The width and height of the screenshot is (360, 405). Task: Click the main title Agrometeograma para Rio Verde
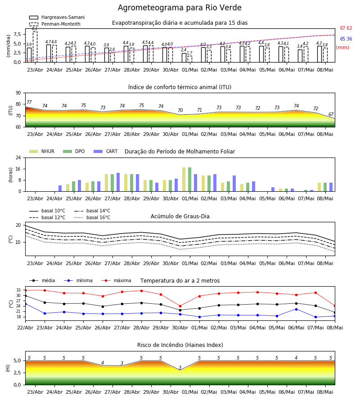(180, 8)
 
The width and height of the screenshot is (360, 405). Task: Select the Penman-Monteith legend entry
(55, 24)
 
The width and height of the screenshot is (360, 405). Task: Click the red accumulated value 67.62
(346, 28)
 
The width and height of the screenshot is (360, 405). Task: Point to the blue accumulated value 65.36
(346, 39)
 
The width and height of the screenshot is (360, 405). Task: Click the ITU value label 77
(29, 102)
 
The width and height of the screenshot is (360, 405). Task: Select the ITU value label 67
(331, 114)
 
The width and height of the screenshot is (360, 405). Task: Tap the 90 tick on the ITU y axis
(18, 93)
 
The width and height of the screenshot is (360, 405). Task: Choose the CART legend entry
(106, 151)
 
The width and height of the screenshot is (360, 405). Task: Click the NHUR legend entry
(42, 151)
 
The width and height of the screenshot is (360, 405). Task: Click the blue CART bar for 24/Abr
(60, 188)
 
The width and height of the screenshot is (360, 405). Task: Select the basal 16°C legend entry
(92, 217)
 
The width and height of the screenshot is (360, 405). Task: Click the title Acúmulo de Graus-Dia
(180, 216)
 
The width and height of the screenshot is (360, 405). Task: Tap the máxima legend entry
(116, 280)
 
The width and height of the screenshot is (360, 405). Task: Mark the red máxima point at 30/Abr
(180, 306)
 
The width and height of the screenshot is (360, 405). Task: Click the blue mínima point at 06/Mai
(296, 309)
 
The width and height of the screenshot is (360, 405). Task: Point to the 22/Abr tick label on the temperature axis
(25, 328)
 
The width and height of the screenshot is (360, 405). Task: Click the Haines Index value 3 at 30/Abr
(180, 368)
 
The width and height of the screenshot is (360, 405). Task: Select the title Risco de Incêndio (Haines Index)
(180, 345)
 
